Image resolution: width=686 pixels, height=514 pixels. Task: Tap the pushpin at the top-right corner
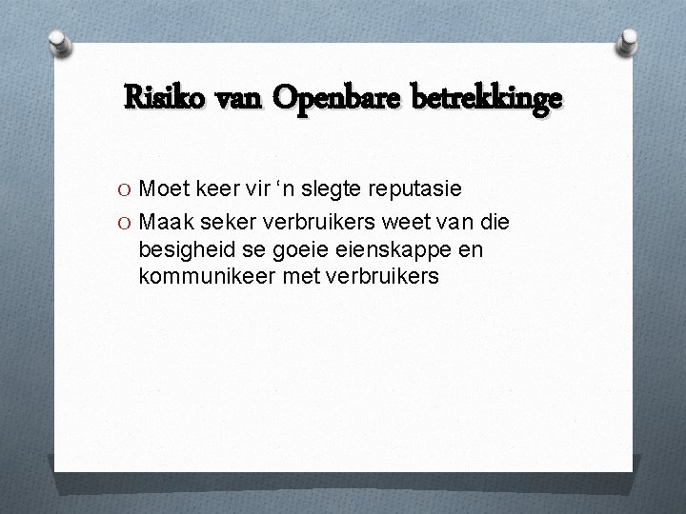tap(630, 39)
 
